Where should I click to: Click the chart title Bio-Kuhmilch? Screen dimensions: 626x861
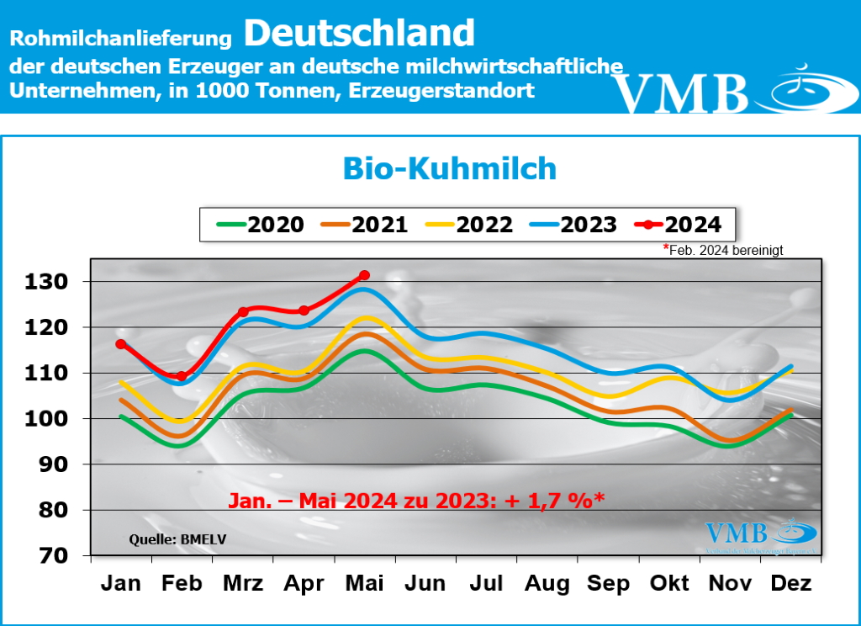pyautogui.click(x=449, y=168)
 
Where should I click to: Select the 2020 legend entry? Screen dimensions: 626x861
pyautogui.click(x=261, y=225)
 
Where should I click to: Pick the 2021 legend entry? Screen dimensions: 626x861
pyautogui.click(x=365, y=225)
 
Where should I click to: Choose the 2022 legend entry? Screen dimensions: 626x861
pyautogui.click(x=469, y=225)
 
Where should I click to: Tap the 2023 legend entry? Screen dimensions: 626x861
pyautogui.click(x=573, y=225)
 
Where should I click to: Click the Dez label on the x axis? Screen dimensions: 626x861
pyautogui.click(x=790, y=583)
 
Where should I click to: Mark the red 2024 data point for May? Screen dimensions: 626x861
pyautogui.click(x=364, y=275)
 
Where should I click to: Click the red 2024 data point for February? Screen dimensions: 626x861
pyautogui.click(x=182, y=376)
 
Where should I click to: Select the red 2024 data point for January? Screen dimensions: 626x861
pyautogui.click(x=121, y=344)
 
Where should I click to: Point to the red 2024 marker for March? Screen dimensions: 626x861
pyautogui.click(x=243, y=312)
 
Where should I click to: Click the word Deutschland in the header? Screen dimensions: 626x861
pyautogui.click(x=360, y=33)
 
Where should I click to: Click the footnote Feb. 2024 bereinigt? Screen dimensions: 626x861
pyautogui.click(x=726, y=250)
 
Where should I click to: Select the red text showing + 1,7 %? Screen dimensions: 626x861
pyautogui.click(x=552, y=501)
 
